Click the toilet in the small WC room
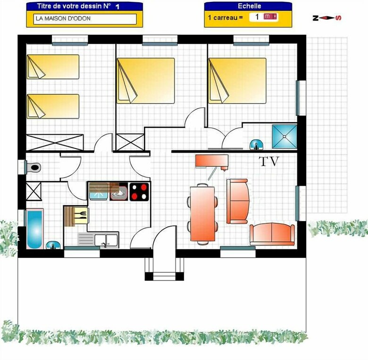(33, 167)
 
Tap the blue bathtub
(35, 229)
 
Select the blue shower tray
(284, 137)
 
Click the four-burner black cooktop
(139, 192)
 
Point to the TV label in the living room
(269, 162)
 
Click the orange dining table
(202, 214)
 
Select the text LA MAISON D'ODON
(63, 18)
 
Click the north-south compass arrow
(327, 18)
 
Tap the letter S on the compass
(339, 18)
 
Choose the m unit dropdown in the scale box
(270, 16)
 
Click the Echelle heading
(249, 6)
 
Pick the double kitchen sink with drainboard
(98, 240)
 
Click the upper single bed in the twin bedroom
(53, 67)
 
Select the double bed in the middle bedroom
(146, 81)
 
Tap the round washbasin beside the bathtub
(53, 245)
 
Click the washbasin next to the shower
(256, 144)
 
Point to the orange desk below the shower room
(212, 161)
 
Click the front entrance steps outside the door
(164, 269)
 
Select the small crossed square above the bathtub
(33, 191)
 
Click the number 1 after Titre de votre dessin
(117, 7)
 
